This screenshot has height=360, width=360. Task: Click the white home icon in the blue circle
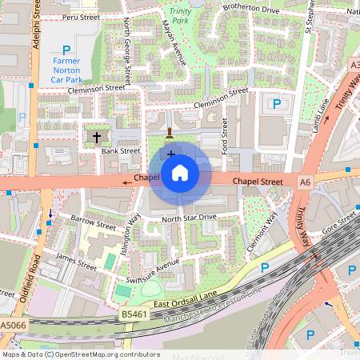click(x=180, y=173)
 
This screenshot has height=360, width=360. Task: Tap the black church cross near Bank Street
click(x=97, y=137)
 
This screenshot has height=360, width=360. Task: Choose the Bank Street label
click(x=121, y=150)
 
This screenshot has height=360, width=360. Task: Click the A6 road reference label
click(x=304, y=182)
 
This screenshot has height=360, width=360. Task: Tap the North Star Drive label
click(x=189, y=218)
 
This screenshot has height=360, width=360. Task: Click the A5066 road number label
click(x=12, y=326)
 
